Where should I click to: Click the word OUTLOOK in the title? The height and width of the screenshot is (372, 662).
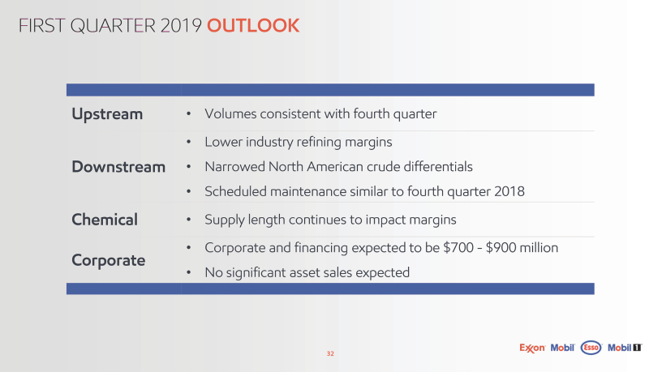coord(253,25)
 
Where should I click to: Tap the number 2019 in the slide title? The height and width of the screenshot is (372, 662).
coord(181,25)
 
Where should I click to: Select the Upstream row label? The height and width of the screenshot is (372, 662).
coord(107,114)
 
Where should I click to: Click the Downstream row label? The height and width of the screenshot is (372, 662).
coord(118,167)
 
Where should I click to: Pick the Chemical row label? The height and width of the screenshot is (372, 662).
coord(105,220)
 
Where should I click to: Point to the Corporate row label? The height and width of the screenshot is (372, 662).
coord(109,261)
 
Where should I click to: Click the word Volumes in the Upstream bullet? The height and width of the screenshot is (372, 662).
coord(230,113)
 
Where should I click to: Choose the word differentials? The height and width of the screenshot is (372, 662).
coord(438,167)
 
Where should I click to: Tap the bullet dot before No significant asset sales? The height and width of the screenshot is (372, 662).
coord(189,273)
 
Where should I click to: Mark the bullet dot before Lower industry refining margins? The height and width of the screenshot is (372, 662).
coord(189,142)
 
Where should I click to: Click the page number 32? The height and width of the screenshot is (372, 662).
coord(330,353)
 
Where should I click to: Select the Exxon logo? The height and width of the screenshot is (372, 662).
coord(532,348)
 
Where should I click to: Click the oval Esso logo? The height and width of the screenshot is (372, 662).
coord(591,348)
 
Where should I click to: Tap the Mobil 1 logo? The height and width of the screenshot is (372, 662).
coord(625,348)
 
